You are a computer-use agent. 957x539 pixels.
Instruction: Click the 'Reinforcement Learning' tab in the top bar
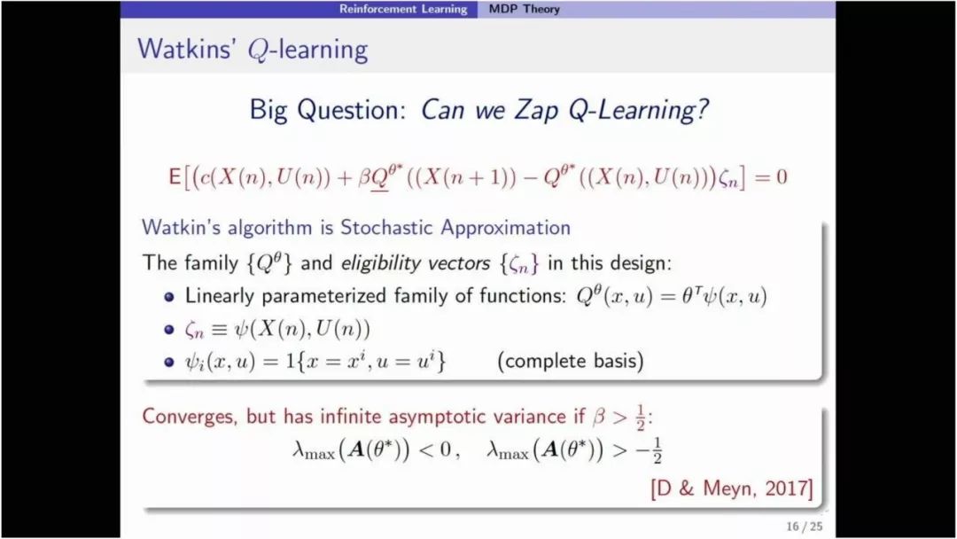click(x=403, y=9)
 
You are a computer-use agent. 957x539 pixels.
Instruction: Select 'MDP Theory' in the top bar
click(x=524, y=9)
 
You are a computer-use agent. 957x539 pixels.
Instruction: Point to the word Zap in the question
click(x=536, y=110)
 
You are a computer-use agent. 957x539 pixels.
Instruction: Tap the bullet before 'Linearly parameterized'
click(x=169, y=297)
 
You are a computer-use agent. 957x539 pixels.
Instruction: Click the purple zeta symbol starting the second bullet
click(x=194, y=331)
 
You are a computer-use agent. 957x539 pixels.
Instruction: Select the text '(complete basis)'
click(x=571, y=361)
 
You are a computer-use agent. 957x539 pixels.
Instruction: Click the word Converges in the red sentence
click(x=190, y=417)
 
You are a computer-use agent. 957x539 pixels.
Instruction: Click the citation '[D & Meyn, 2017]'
click(x=732, y=488)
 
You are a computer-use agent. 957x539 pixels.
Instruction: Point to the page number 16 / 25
click(x=805, y=527)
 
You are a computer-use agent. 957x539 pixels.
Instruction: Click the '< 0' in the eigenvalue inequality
click(x=436, y=450)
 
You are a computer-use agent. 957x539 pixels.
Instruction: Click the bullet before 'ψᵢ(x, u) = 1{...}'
click(x=169, y=362)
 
